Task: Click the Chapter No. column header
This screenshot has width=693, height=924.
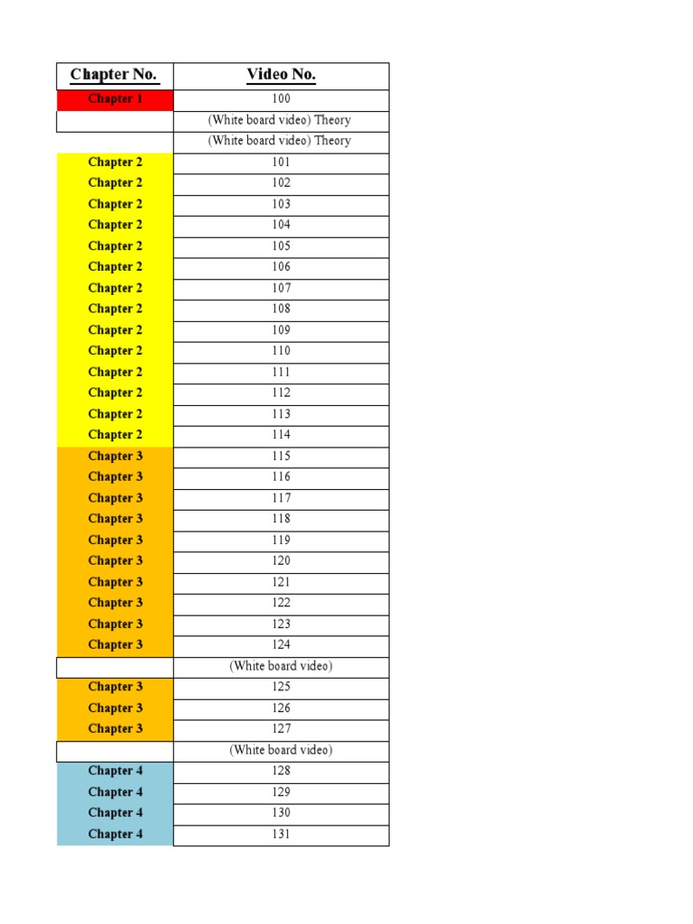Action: (x=114, y=75)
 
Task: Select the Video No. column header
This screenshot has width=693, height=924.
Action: (x=281, y=75)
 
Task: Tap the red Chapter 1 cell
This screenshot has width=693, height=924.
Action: (x=115, y=99)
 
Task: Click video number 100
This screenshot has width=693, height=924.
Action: (x=281, y=99)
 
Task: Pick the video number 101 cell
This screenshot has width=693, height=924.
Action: (x=281, y=162)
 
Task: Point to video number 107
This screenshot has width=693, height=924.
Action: (x=281, y=289)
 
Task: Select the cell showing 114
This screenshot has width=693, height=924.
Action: (x=281, y=435)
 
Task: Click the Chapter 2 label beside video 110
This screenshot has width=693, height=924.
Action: (x=115, y=351)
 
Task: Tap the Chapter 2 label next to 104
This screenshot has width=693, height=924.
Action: (x=115, y=225)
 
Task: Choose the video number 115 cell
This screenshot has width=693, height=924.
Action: (x=281, y=457)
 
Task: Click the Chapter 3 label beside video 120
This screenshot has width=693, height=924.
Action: (x=115, y=561)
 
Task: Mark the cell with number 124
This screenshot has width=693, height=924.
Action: (x=281, y=645)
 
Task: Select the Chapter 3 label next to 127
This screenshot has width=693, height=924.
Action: (x=115, y=729)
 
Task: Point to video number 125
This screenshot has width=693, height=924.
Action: (x=281, y=688)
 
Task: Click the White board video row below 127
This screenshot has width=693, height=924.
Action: (x=281, y=751)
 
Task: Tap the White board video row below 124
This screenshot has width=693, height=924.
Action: (x=281, y=667)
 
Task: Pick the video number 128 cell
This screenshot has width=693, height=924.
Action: (x=281, y=772)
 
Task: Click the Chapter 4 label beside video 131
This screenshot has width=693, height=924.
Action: (x=115, y=835)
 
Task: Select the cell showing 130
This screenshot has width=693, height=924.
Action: (x=281, y=813)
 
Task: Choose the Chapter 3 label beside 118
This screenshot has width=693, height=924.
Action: (x=115, y=519)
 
